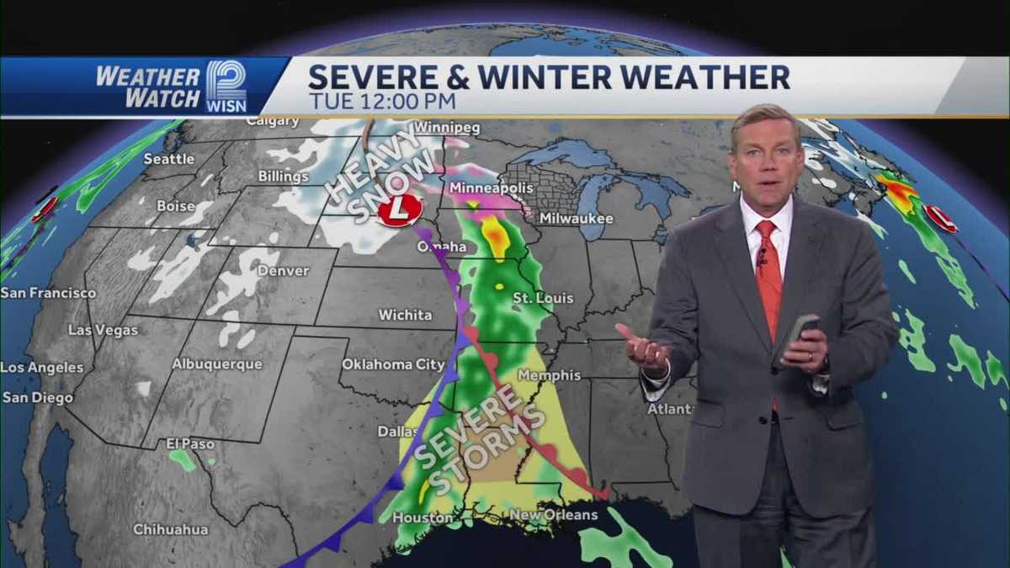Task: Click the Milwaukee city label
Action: [577, 219]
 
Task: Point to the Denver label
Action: [284, 271]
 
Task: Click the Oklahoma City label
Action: [393, 364]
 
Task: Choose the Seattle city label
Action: [168, 159]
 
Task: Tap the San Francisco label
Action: [48, 293]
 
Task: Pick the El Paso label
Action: [190, 443]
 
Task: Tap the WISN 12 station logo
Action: [226, 86]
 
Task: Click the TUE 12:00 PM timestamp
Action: [382, 101]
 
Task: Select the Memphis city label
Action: [550, 374]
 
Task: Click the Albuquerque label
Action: [217, 364]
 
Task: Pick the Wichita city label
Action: [405, 315]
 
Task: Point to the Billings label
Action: [284, 177]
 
